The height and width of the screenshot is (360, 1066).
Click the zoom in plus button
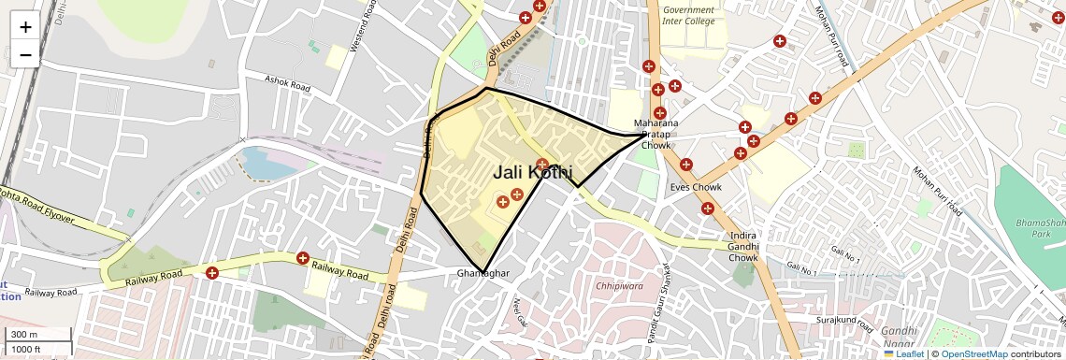[x=25, y=27]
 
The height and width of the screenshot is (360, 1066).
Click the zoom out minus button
[x=25, y=55]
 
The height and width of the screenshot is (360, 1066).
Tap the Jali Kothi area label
[x=533, y=172]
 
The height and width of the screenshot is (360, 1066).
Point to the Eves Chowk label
[x=696, y=187]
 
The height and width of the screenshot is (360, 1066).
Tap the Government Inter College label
[x=688, y=15]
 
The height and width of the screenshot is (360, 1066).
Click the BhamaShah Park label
[x=1042, y=229]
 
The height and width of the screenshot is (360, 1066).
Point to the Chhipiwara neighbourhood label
[x=618, y=285]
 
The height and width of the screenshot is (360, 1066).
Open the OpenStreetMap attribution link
[x=973, y=353]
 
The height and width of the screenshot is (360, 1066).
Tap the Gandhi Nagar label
[x=901, y=338]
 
